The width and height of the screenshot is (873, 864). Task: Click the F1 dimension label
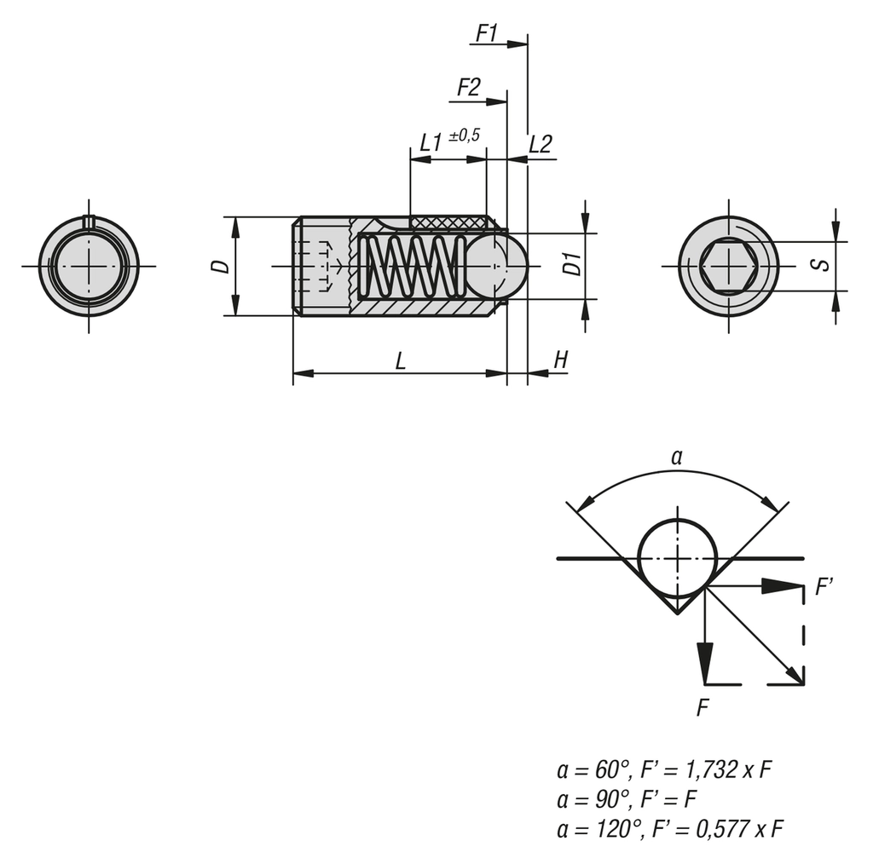[487, 33]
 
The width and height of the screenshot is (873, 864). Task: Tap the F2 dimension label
[468, 87]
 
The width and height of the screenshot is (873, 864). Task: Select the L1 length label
[431, 143]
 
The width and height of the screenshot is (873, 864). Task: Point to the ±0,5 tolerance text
[464, 135]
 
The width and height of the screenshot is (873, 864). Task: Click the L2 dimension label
[541, 144]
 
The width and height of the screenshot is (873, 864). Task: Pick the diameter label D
[221, 266]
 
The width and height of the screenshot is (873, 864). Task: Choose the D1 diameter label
[573, 264]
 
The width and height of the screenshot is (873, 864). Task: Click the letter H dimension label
[560, 360]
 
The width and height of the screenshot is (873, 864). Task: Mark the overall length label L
[400, 360]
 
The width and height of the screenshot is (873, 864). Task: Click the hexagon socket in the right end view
[728, 266]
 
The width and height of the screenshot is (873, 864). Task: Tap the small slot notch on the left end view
[89, 222]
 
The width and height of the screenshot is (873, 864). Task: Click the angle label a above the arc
[677, 458]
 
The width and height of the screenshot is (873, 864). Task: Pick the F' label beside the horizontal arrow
[824, 587]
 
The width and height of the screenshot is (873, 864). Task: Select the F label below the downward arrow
[702, 707]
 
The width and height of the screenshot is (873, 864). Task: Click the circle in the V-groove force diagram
[678, 558]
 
